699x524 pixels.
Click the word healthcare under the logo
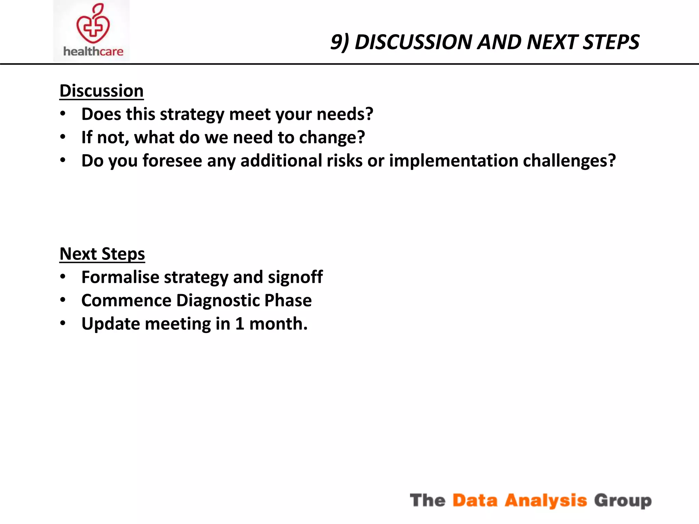[93, 52]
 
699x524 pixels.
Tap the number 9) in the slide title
[340, 42]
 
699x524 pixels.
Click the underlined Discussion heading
[101, 91]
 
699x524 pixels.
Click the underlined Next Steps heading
[102, 254]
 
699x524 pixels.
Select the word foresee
[172, 161]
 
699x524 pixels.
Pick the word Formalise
[120, 277]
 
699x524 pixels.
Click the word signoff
[295, 277]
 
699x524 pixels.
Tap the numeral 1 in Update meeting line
[240, 324]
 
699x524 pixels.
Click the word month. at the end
[278, 324]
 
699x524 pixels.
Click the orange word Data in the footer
[475, 500]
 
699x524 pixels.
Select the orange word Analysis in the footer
[545, 500]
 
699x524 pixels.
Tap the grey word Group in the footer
[623, 500]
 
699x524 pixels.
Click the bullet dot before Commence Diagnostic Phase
[63, 300]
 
